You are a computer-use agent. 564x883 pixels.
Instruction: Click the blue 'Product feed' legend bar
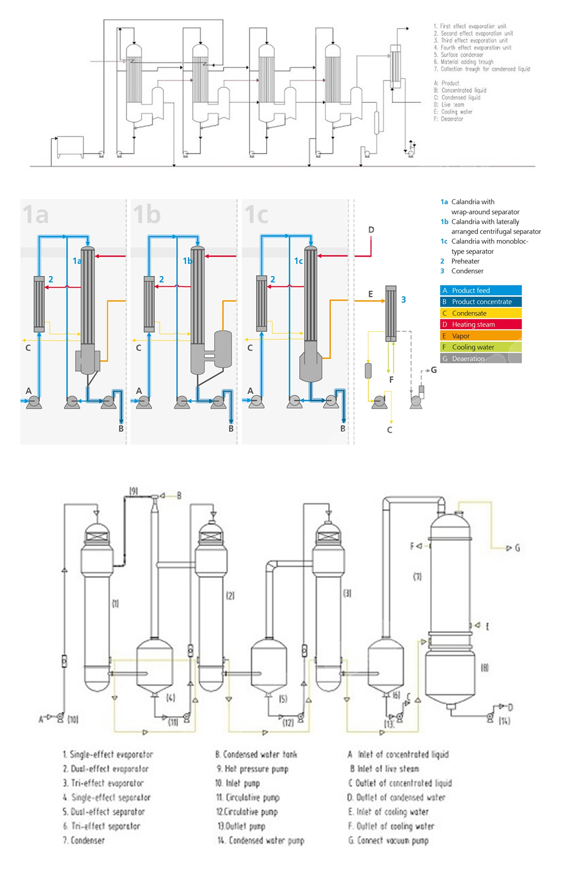[480, 290]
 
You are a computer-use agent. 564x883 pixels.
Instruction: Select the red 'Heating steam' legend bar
[480, 325]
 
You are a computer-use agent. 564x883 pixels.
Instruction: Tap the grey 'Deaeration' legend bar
[480, 358]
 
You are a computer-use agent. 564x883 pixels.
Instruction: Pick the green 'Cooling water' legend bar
[480, 347]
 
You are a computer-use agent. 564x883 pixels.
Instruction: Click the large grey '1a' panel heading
[36, 214]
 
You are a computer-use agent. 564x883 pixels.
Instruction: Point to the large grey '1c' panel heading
[257, 214]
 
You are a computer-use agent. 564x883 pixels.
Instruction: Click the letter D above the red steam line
[371, 230]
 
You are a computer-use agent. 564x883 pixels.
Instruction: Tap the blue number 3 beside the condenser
[403, 300]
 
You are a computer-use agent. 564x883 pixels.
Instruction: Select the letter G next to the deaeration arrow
[434, 370]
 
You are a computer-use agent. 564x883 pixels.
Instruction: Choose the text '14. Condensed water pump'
[260, 840]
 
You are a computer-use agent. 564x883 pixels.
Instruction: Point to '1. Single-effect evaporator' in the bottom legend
[108, 754]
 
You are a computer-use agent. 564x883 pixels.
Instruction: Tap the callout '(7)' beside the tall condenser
[417, 576]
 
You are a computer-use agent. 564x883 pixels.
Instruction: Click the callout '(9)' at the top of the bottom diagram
[133, 491]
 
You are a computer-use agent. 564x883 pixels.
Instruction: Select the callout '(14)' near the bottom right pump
[504, 720]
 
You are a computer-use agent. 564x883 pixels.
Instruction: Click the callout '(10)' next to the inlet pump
[73, 719]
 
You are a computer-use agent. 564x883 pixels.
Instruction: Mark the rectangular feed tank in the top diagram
[70, 147]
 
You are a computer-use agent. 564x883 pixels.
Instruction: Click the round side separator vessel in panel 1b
[222, 349]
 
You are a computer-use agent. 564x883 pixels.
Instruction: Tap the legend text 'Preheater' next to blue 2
[465, 261]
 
